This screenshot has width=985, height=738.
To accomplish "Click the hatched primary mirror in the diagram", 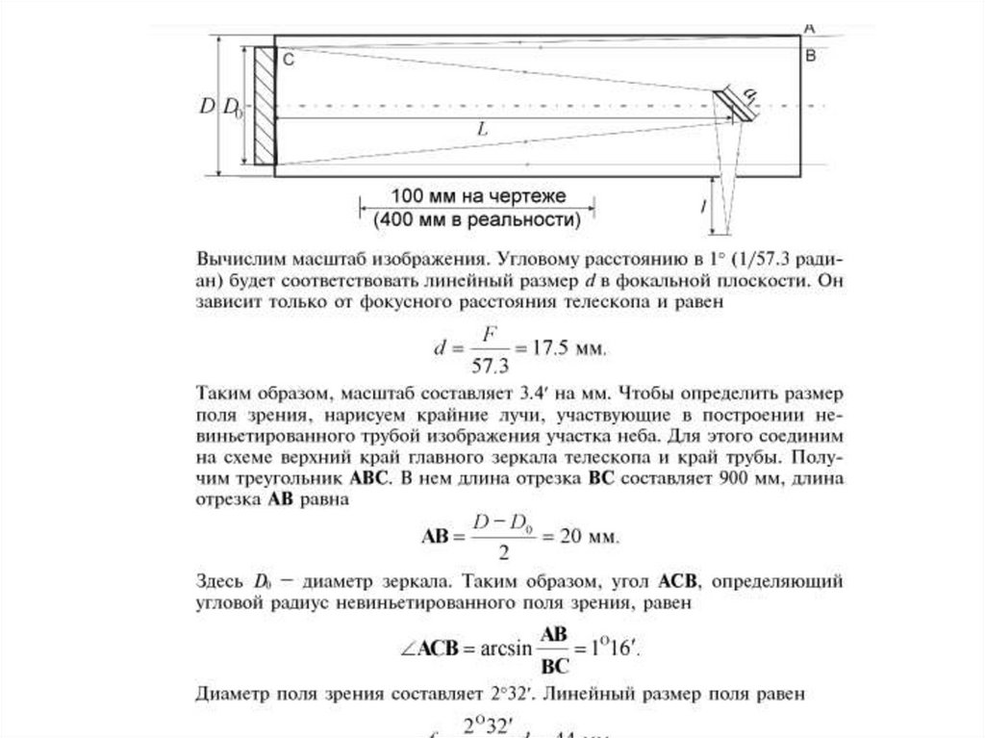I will point(264,106).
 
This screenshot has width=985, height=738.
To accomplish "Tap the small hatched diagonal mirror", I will point(733,105).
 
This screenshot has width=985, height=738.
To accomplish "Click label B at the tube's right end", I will point(810,57).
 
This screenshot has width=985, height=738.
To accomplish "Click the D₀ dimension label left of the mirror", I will point(233,107).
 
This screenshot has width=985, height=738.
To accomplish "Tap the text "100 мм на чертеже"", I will point(478,195).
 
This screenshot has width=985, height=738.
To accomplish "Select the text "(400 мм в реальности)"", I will point(478,219).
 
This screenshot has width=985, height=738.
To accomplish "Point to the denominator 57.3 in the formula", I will point(492,364).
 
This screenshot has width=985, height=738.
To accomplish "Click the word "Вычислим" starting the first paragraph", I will point(240,260).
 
